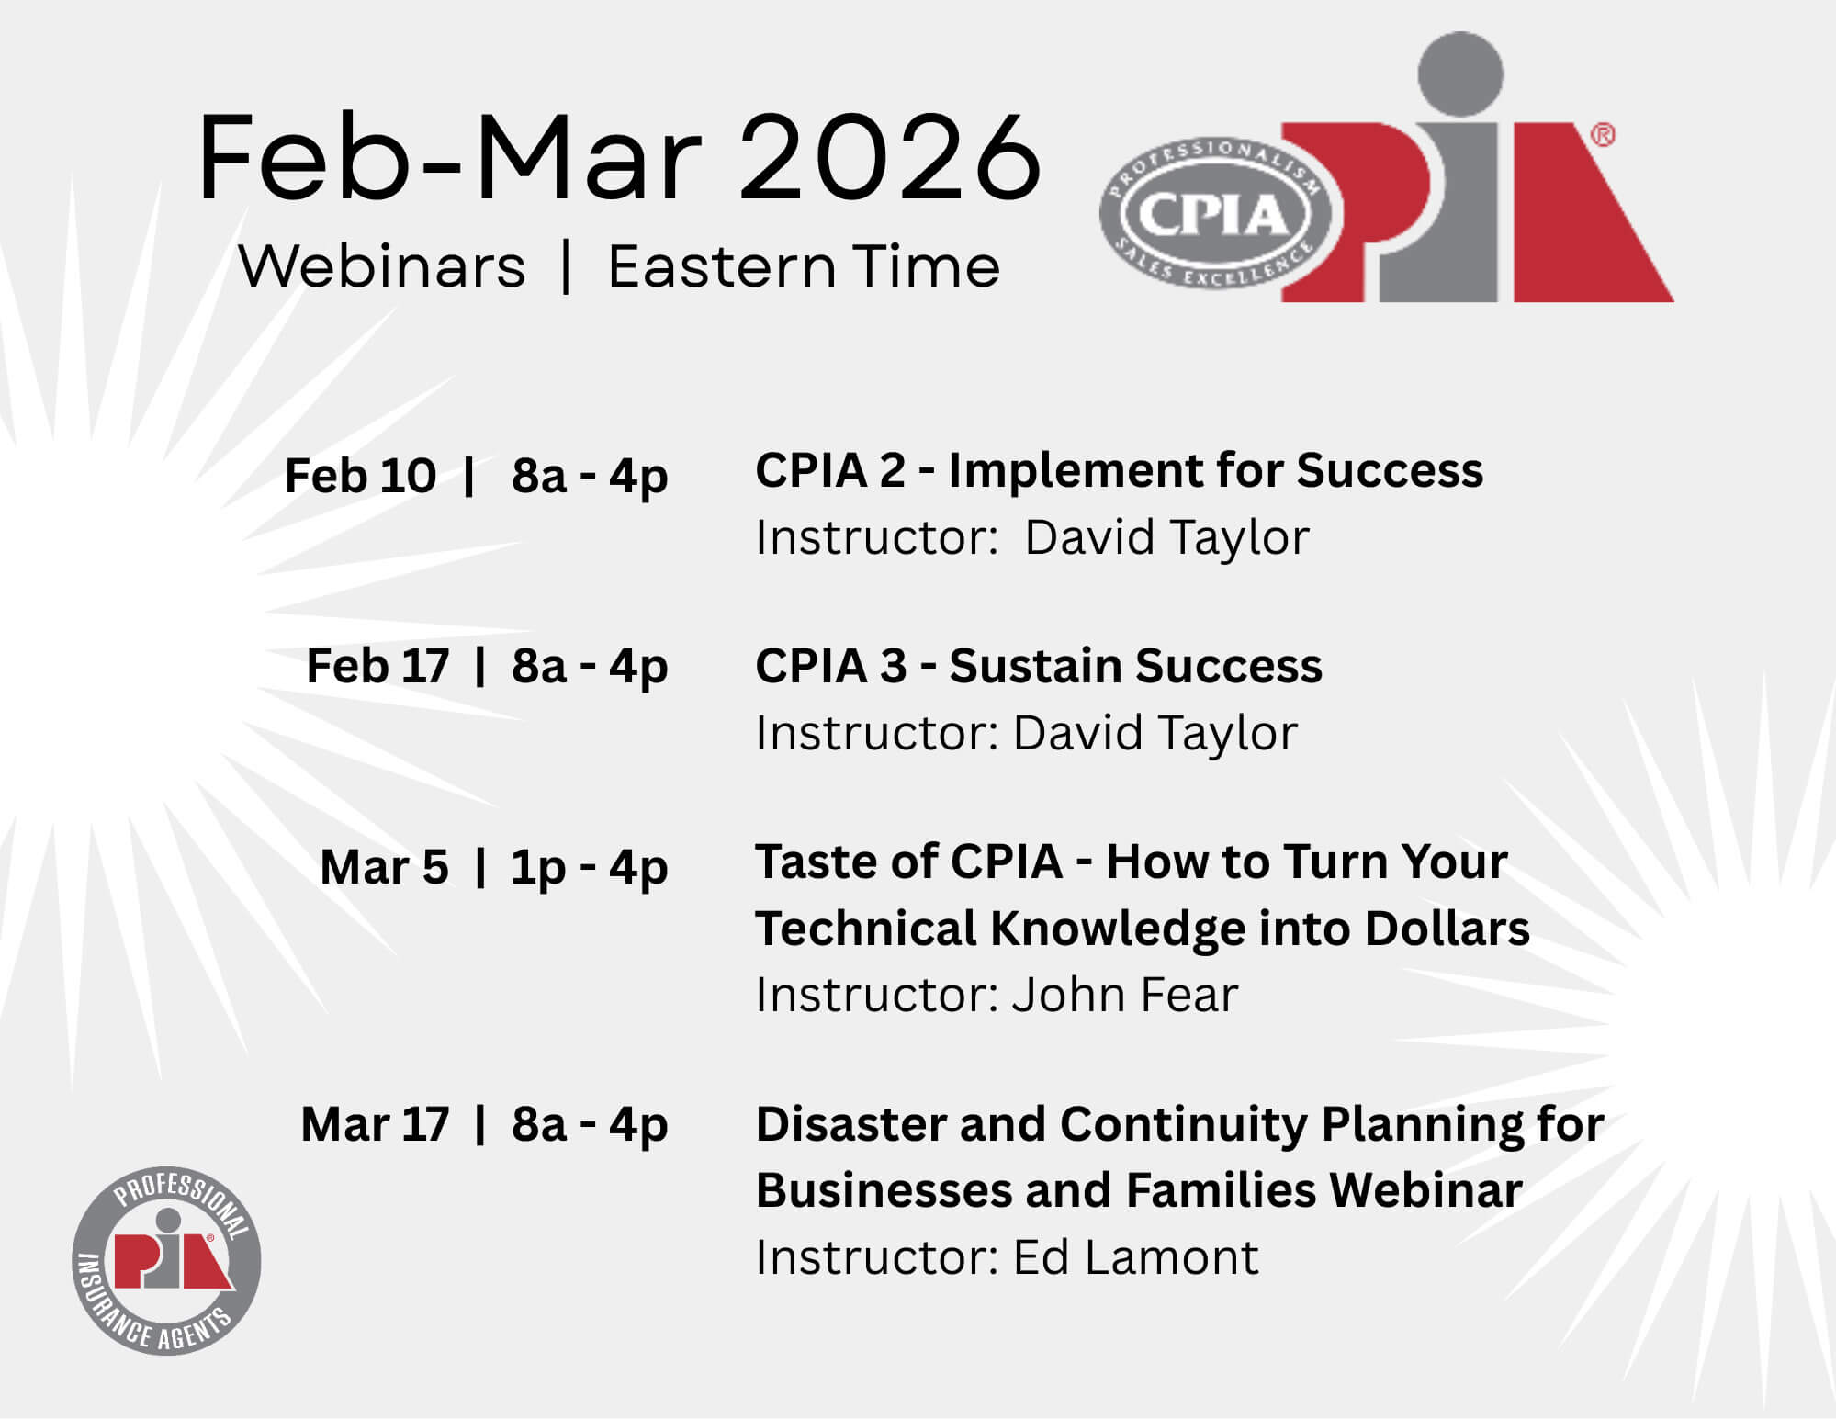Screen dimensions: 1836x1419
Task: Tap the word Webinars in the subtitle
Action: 382,267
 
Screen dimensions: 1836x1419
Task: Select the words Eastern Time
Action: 804,267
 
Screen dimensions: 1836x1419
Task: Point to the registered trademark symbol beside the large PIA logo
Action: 1602,135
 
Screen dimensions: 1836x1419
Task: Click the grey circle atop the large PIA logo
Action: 1460,74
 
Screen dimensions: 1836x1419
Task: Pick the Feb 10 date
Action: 360,476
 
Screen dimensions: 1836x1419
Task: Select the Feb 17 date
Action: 377,666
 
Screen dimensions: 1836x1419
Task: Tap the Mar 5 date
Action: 384,867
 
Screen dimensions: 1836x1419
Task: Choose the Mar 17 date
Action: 375,1124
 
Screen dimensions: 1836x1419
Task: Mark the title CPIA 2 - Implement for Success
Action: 1119,471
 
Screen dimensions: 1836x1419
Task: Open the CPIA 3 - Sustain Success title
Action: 1039,666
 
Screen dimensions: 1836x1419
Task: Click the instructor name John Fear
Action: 1125,995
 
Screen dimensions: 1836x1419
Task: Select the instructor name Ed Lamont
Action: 1135,1257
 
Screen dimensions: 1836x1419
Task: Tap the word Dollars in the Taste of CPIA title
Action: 1447,929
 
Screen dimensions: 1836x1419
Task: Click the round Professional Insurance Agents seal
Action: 166,1261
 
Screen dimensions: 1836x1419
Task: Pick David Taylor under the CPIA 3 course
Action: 1155,733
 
